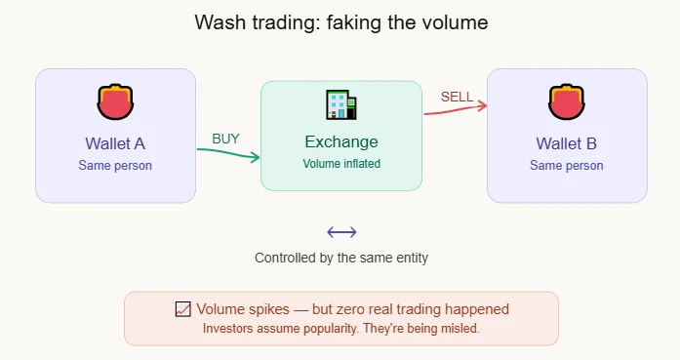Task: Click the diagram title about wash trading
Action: click(x=340, y=21)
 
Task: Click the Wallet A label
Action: click(x=115, y=143)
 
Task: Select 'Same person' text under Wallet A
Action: click(x=115, y=165)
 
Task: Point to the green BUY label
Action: click(x=225, y=139)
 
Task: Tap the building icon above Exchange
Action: click(x=340, y=105)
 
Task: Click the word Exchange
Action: click(x=340, y=142)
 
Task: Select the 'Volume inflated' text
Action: click(x=340, y=164)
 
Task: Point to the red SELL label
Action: click(x=457, y=97)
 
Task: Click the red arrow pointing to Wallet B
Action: click(x=455, y=109)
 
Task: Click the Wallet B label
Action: click(x=566, y=143)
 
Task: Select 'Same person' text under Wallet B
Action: click(x=566, y=165)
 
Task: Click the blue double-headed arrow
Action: click(x=341, y=232)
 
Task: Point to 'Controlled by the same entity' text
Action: click(x=341, y=259)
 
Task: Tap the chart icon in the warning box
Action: click(x=181, y=309)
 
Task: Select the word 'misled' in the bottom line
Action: click(x=459, y=328)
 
